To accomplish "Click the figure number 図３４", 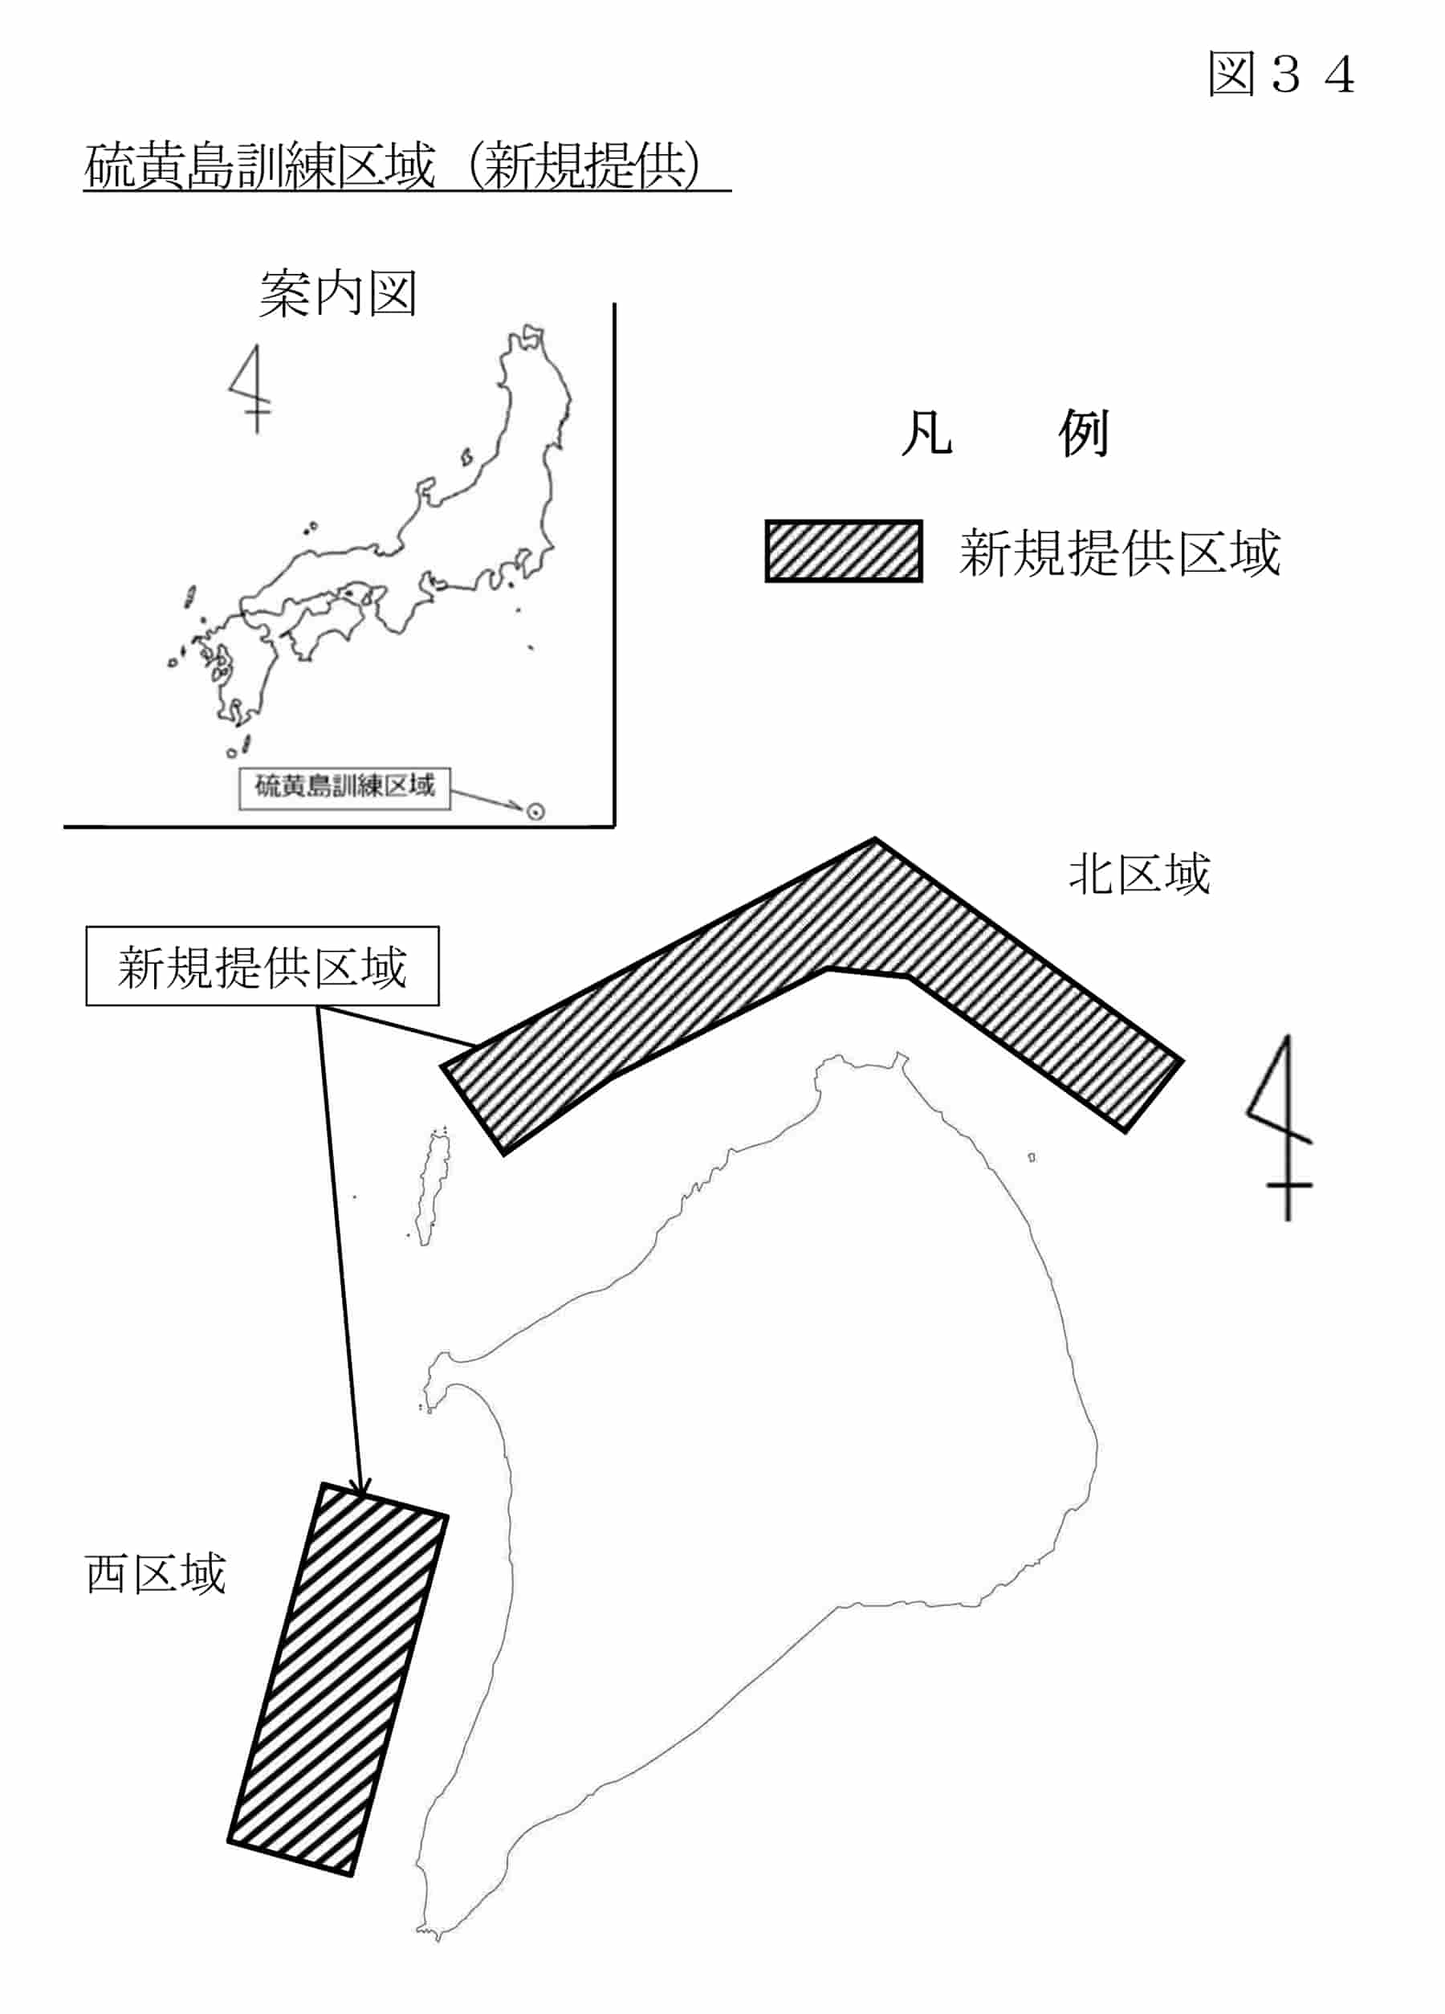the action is pos(1280,73).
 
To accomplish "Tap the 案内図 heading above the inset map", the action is pos(337,294).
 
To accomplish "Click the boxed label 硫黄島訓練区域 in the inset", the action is pos(344,788).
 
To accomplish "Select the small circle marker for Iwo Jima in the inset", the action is pos(535,812).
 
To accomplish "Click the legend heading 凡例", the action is pos(1005,434).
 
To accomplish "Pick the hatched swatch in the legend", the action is pos(843,552).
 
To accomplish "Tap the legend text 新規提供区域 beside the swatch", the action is pos(1119,553).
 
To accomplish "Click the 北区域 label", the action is pos(1139,873).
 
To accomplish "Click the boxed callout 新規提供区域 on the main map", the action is pos(263,966).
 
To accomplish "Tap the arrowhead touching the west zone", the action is pos(360,1486).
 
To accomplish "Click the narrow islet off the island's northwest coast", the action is pos(432,1187).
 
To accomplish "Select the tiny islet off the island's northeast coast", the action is pos(1032,1158).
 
